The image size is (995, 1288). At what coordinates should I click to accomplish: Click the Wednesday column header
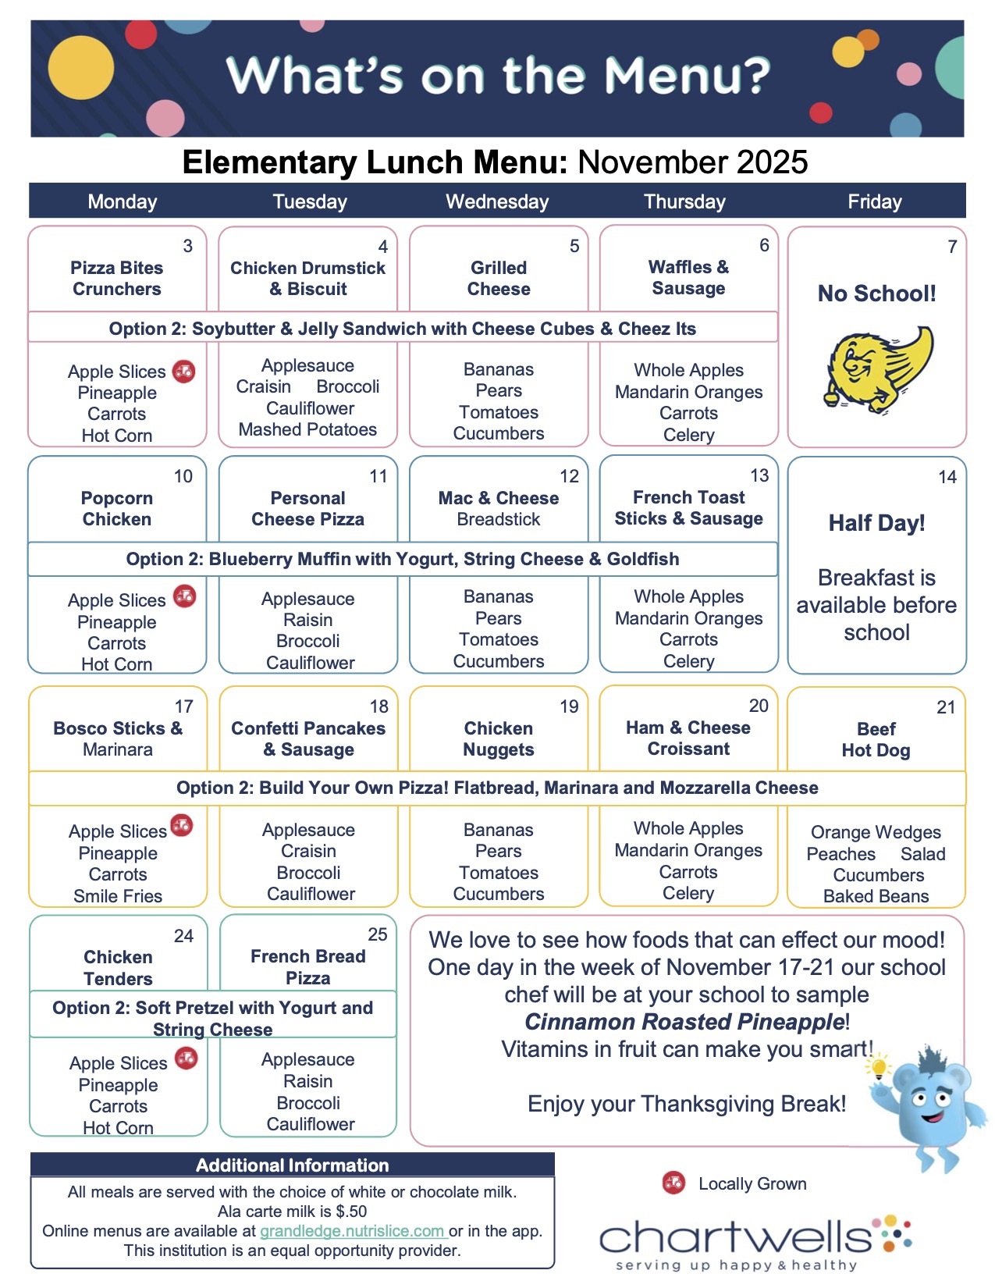(x=497, y=201)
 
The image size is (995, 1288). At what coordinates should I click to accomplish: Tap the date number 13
(x=759, y=475)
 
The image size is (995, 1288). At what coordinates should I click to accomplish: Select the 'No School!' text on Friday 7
(x=876, y=294)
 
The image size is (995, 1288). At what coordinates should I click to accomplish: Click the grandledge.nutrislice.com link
(x=352, y=1231)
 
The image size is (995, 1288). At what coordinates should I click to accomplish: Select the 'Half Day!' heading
(x=876, y=523)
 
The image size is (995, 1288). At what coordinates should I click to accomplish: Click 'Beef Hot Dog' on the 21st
(x=876, y=739)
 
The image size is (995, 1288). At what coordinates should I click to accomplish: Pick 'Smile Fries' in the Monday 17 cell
(x=118, y=896)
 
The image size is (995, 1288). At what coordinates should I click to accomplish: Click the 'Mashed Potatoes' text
(x=307, y=429)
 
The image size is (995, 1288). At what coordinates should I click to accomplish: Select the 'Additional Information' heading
(x=292, y=1165)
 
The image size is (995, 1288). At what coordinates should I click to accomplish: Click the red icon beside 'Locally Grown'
(x=673, y=1183)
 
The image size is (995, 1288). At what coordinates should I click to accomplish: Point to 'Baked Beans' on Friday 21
(x=876, y=896)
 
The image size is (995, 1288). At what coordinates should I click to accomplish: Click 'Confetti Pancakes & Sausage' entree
(x=308, y=738)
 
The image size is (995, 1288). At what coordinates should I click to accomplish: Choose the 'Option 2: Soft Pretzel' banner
(x=212, y=1018)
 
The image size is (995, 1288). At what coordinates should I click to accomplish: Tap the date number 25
(x=377, y=934)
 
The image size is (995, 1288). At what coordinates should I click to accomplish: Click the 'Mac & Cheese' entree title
(x=498, y=498)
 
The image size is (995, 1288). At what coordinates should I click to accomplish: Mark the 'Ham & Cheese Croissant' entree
(x=688, y=738)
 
